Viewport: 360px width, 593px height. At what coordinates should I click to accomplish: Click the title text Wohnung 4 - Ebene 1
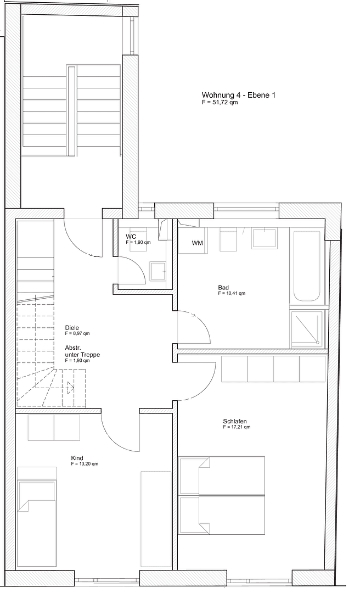[x=238, y=95]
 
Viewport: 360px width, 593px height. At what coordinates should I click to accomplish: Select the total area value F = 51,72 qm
[x=220, y=103]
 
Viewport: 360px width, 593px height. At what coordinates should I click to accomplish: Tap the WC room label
[x=131, y=236]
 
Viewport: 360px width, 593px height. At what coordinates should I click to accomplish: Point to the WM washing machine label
[x=197, y=243]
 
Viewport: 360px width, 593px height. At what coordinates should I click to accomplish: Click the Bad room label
[x=223, y=287]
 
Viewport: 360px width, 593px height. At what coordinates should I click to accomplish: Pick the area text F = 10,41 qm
[x=231, y=294]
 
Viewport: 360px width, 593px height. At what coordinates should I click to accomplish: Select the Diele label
[x=72, y=328]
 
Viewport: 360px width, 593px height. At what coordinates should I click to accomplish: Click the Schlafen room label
[x=235, y=421]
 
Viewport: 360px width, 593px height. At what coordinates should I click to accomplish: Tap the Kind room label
[x=77, y=458]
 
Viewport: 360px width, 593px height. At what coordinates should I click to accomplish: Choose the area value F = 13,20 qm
[x=85, y=465]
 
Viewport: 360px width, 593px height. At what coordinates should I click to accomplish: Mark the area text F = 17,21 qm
[x=237, y=427]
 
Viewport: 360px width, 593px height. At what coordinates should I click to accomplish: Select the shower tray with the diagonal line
[x=306, y=329]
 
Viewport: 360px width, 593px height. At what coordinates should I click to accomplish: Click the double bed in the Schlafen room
[x=222, y=495]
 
